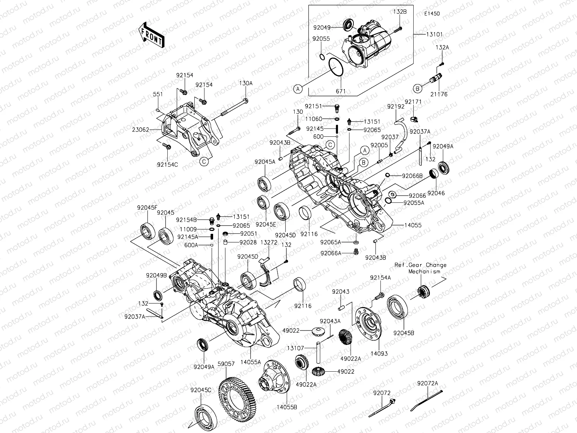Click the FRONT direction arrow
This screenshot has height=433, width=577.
[151, 35]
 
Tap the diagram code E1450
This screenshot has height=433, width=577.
[432, 14]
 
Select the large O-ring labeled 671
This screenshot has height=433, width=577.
[341, 67]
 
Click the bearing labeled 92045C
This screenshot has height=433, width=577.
[206, 415]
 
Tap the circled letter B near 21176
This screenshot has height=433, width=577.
[428, 88]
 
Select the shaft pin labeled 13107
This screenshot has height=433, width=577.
[319, 352]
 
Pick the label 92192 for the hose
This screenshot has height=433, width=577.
[395, 107]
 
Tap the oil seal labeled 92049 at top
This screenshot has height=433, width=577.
[348, 25]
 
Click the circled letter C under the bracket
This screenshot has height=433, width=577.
[204, 162]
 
